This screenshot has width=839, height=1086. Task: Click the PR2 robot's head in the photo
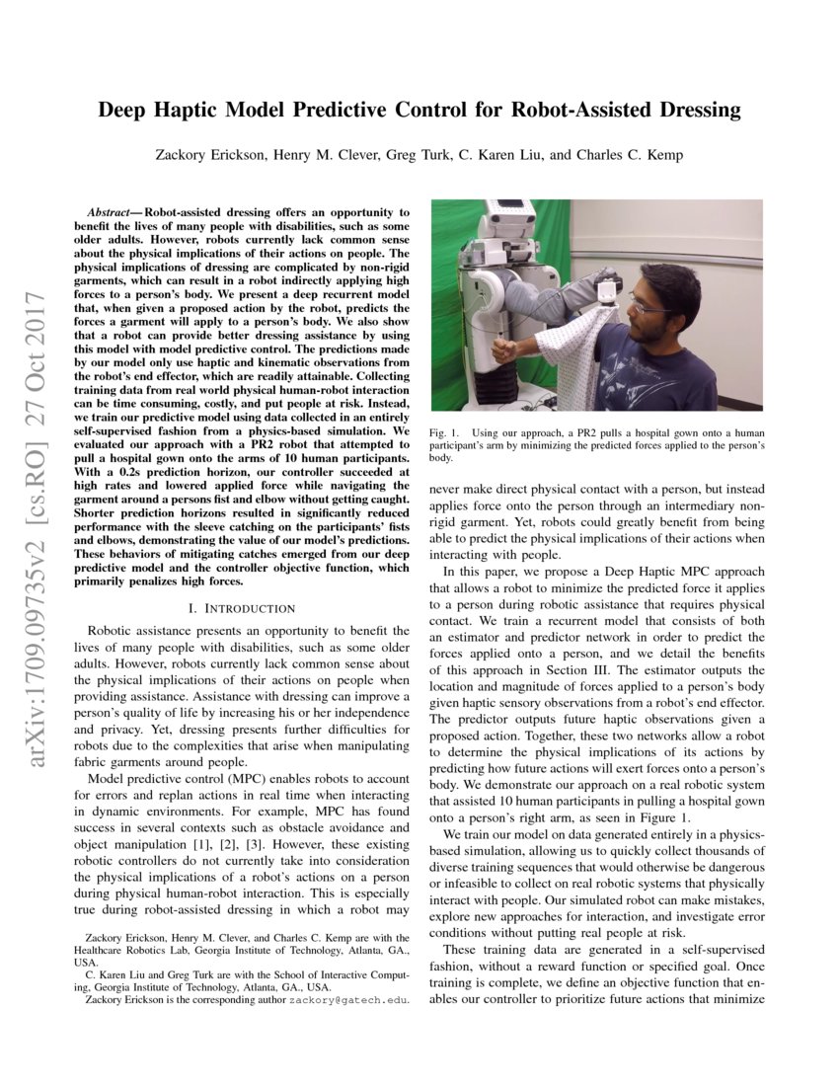pos(514,219)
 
